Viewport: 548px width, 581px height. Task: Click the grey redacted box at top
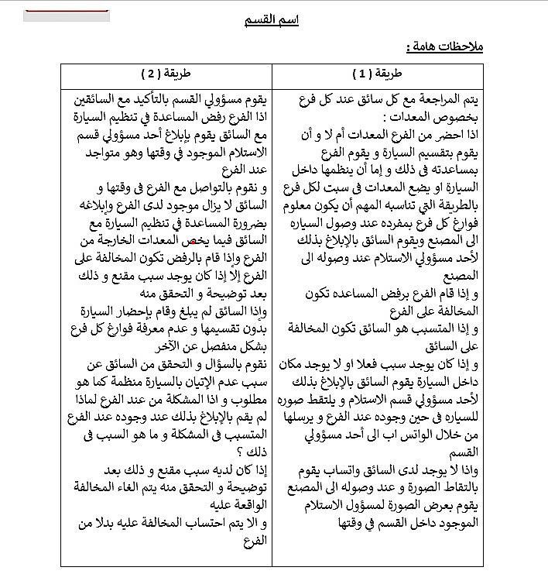tap(66, 15)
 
